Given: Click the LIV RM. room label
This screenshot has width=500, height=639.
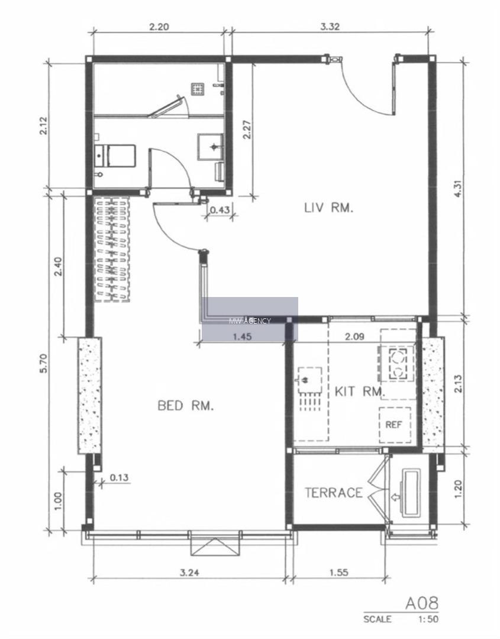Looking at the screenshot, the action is [x=328, y=208].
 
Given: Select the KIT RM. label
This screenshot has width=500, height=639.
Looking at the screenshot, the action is [x=359, y=392].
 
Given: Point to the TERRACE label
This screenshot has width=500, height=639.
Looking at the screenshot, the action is [x=333, y=493].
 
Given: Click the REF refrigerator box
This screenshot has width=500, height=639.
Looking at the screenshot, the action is [x=394, y=425].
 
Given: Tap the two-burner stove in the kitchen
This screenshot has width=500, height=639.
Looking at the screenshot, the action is [x=396, y=363].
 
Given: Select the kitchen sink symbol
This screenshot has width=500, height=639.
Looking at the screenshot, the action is [x=309, y=380].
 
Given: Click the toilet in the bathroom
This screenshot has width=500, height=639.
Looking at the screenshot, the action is [x=115, y=156].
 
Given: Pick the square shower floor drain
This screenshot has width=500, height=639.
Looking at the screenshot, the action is [x=198, y=88].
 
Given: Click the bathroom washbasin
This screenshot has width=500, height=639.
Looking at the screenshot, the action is [x=210, y=146].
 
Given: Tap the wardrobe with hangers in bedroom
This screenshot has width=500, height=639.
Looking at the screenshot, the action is [x=112, y=249].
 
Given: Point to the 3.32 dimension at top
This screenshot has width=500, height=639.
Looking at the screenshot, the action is [x=330, y=27].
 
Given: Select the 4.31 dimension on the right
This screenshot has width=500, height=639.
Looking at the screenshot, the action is [x=459, y=188].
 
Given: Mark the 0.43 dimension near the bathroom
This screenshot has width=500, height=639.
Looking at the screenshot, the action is [x=220, y=210].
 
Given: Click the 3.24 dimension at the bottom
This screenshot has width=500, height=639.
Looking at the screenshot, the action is [x=189, y=572].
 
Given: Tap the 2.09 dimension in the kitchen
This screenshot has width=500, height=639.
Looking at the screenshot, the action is [x=354, y=337].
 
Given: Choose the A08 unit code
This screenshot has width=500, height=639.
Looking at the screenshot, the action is [x=422, y=603].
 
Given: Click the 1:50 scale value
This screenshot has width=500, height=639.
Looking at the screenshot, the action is [x=428, y=619].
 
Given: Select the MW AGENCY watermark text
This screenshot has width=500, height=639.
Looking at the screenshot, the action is [x=250, y=321].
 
